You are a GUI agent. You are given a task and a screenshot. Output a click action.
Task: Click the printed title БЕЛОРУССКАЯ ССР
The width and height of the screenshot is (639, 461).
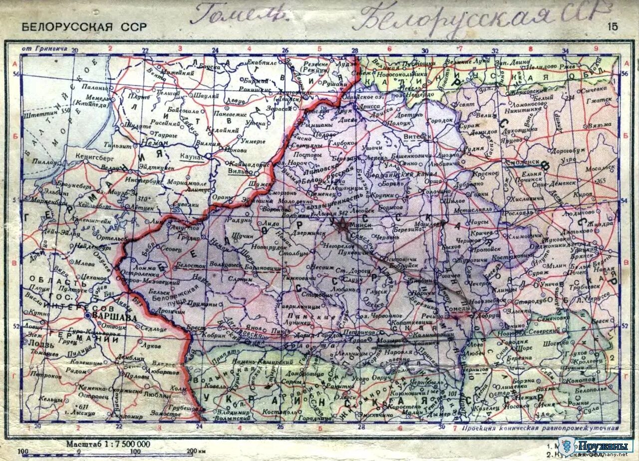point(84,27)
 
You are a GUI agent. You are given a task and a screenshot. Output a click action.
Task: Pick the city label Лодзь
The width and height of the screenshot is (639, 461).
point(38,343)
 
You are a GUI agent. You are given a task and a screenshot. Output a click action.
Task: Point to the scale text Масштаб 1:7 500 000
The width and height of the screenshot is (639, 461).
point(108,444)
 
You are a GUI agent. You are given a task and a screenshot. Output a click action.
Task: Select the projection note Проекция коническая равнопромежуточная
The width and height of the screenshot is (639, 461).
point(540,428)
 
